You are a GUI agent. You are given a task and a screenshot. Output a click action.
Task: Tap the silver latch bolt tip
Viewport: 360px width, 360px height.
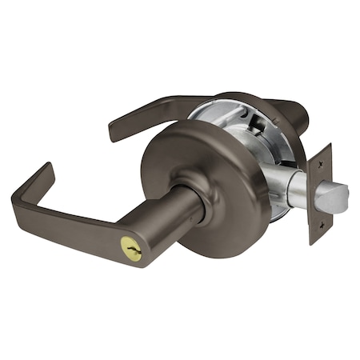coord(337,197)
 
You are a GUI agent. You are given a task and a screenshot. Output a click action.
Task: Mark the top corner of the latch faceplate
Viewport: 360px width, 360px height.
coord(329,146)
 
